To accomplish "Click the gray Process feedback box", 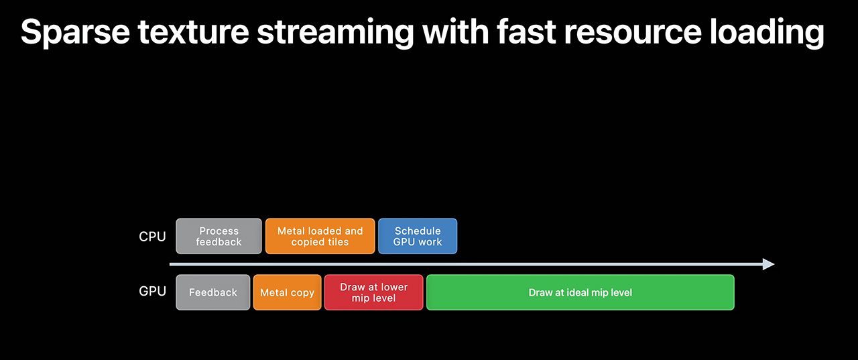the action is (219, 236).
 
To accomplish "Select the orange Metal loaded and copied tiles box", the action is (320, 236).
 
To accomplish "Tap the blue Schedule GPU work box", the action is (418, 236).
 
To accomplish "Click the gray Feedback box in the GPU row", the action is (213, 292).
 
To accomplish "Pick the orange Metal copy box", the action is (288, 292).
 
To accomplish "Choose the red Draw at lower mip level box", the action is (374, 292).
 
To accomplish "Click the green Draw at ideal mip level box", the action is (580, 292).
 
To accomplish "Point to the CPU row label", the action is (152, 237).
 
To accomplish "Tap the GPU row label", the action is (152, 292).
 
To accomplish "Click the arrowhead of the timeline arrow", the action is (769, 264).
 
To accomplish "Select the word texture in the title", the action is (194, 32).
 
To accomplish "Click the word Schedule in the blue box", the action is (418, 231).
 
